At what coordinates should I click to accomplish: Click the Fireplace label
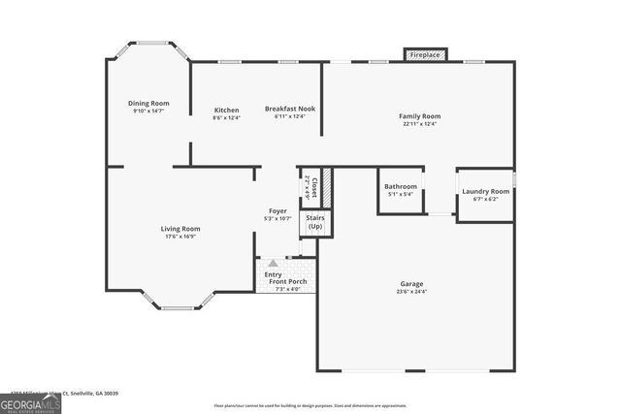coord(425,55)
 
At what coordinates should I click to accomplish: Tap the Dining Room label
coord(148,103)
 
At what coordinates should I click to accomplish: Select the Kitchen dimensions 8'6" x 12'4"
coord(226,118)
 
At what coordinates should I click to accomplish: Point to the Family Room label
coord(419,115)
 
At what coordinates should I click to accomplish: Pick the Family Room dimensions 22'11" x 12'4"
coord(419,123)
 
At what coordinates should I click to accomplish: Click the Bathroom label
coord(401,186)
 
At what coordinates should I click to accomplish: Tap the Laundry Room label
coord(485,191)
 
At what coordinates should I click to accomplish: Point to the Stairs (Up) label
coord(315,222)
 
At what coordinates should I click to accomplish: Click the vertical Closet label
coord(312,185)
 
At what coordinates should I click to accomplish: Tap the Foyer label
coord(278,211)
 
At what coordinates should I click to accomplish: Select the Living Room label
coord(180,229)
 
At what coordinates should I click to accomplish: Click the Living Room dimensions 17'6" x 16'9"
coord(180,237)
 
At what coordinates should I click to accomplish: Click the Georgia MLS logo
coord(30,400)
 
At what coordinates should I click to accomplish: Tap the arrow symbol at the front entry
coord(274,262)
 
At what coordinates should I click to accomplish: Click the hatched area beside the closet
coord(327,185)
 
